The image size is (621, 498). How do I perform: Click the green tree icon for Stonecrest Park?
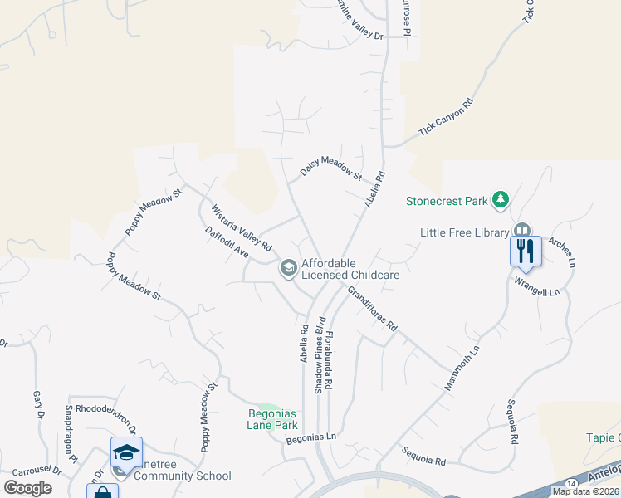pyautogui.click(x=500, y=200)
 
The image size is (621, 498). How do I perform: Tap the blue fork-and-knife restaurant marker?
pyautogui.click(x=525, y=250)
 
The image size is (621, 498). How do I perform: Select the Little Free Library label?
pyautogui.click(x=464, y=232)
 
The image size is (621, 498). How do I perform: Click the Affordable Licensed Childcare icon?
pyautogui.click(x=288, y=267)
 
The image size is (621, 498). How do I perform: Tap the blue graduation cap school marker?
pyautogui.click(x=126, y=452)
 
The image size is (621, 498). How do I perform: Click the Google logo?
pyautogui.click(x=28, y=488)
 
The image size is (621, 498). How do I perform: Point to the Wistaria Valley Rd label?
pyautogui.click(x=241, y=228)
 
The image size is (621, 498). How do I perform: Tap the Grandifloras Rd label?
pyautogui.click(x=373, y=309)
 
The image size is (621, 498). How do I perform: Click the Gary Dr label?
pyautogui.click(x=38, y=404)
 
